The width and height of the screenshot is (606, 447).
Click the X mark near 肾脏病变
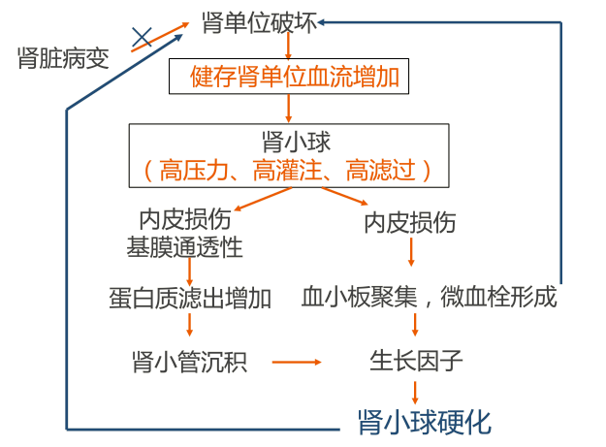coord(143,38)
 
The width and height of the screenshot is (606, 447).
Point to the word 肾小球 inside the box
coord(297,143)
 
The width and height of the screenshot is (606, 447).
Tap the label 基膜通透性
coord(184,247)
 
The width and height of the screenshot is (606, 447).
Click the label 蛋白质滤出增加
coord(190,297)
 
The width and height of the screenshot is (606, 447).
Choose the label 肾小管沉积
coord(190,363)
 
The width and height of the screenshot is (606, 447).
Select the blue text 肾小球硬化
coord(425,423)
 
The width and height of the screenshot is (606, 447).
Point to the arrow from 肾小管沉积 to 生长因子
coord(296,363)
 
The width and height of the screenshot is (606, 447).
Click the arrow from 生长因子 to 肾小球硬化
coord(416,391)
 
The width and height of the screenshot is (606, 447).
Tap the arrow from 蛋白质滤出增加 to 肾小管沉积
coord(190,325)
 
